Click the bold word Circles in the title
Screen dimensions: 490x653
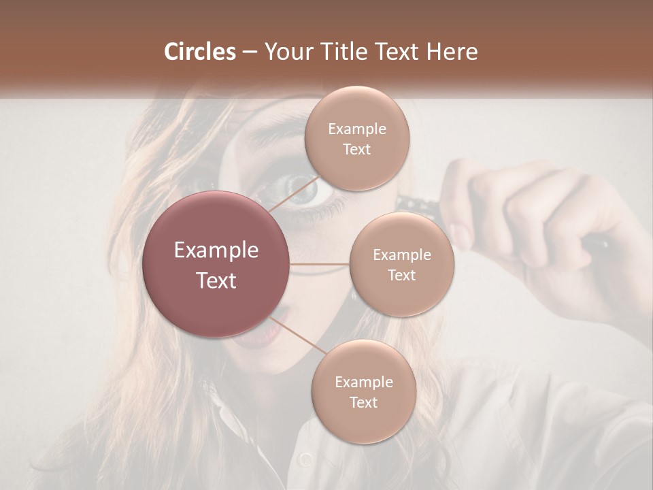tap(199, 52)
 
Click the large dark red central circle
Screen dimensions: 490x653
tap(216, 265)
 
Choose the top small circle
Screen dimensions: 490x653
tap(357, 139)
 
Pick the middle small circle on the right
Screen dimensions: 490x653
tap(401, 264)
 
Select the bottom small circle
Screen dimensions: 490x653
tap(363, 392)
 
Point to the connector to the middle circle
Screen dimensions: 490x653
tap(320, 264)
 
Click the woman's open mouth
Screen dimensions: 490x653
tap(275, 330)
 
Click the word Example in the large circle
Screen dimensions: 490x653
tap(216, 250)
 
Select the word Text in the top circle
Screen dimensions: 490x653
tap(357, 149)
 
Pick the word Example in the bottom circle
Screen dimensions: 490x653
tap(363, 382)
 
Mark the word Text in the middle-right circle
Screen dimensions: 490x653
tap(401, 275)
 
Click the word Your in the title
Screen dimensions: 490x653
tap(286, 52)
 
